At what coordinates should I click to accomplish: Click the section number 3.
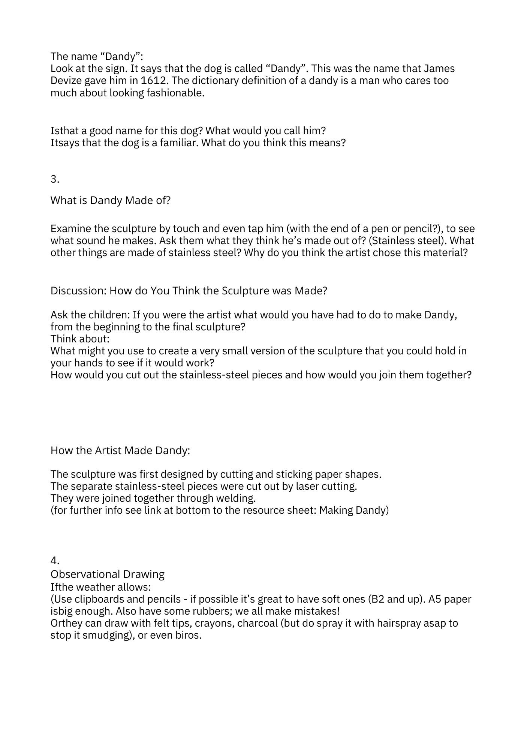click(55, 179)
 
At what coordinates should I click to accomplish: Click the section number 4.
click(55, 561)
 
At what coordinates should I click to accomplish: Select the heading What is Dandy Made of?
click(111, 200)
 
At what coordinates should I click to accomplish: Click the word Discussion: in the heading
click(78, 291)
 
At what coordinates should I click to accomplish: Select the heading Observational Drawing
click(108, 574)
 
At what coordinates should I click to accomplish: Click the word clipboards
click(91, 599)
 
